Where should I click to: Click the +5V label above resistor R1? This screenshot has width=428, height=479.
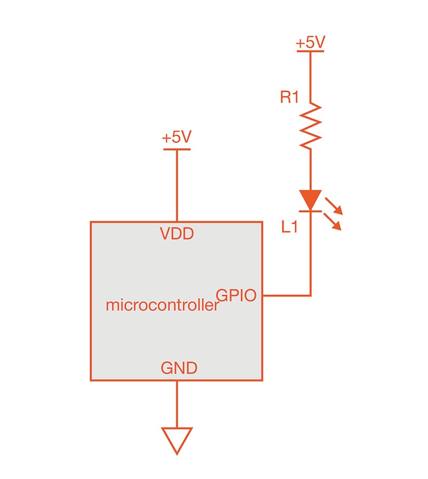[310, 43]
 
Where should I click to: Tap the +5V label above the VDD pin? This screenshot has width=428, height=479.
[177, 138]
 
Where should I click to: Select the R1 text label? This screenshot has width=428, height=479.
[289, 98]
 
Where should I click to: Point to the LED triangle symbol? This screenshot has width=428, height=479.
[310, 200]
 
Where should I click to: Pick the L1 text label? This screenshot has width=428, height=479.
[289, 227]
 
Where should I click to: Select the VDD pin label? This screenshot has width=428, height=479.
[177, 234]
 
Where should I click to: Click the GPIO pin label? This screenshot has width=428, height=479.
[236, 295]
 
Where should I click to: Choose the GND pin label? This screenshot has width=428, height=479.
[179, 368]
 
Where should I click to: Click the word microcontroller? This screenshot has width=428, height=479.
[163, 306]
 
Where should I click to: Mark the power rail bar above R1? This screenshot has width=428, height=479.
[310, 51]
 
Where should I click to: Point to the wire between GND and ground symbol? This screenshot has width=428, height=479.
[177, 404]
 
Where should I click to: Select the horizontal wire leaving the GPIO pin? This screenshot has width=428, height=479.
[286, 295]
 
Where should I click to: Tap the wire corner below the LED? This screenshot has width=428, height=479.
[310, 295]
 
